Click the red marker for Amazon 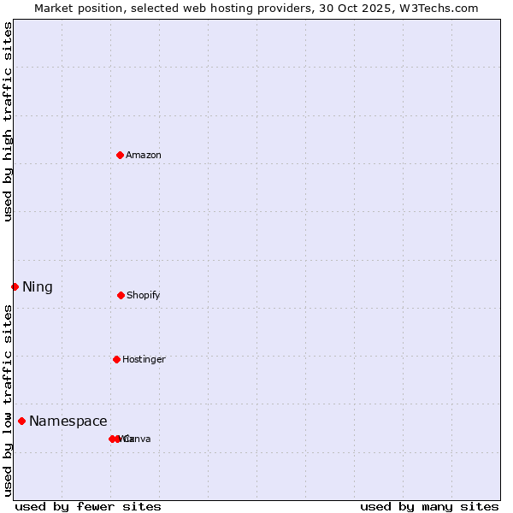pyautogui.click(x=121, y=155)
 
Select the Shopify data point pyautogui.click(x=121, y=295)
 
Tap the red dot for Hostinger pyautogui.click(x=116, y=359)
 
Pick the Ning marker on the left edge pyautogui.click(x=15, y=286)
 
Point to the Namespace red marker pyautogui.click(x=21, y=421)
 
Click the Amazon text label pyautogui.click(x=144, y=155)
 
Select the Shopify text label pyautogui.click(x=144, y=295)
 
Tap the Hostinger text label pyautogui.click(x=144, y=359)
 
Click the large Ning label pyautogui.click(x=38, y=287)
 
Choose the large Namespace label pyautogui.click(x=68, y=421)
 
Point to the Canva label pyautogui.click(x=137, y=439)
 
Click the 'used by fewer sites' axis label pyautogui.click(x=88, y=506)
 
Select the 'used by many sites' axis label pyautogui.click(x=429, y=506)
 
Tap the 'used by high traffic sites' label pyautogui.click(x=8, y=121)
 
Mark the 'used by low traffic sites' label pyautogui.click(x=8, y=400)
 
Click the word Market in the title pyautogui.click(x=54, y=8)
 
